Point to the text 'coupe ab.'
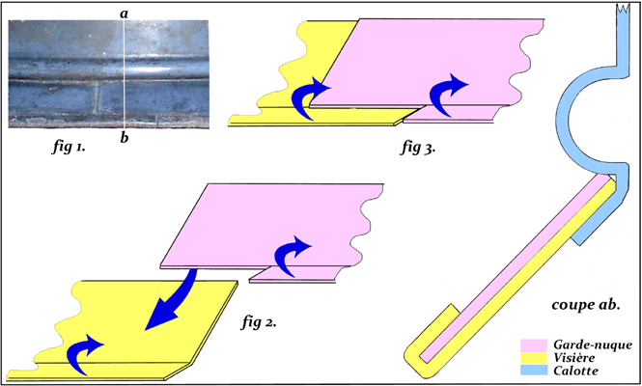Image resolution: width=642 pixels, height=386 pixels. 583,305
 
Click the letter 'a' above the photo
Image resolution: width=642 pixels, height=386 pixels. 124,14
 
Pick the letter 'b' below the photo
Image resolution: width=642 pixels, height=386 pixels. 124,139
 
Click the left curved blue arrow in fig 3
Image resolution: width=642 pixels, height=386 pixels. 315,99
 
